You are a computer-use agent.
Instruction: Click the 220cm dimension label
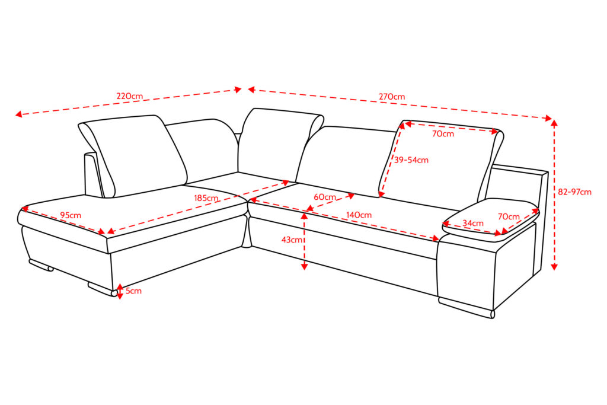tap(130, 96)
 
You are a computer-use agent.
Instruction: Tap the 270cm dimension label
tap(392, 97)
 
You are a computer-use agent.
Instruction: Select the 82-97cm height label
tap(574, 192)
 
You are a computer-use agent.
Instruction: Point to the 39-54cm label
tap(411, 160)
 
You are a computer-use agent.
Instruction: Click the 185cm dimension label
tap(206, 198)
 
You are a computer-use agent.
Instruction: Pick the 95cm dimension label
tap(71, 215)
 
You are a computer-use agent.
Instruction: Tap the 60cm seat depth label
tap(325, 197)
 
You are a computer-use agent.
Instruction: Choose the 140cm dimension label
tap(359, 215)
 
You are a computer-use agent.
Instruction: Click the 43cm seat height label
tap(292, 240)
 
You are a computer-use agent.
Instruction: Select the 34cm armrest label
tap(473, 224)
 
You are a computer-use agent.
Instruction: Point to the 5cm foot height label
tap(133, 291)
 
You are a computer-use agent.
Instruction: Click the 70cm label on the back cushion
tap(443, 134)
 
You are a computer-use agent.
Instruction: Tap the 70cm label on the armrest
tap(509, 217)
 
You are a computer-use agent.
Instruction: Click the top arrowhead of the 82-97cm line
tap(554, 123)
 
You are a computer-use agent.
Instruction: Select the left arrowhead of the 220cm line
tap(18, 114)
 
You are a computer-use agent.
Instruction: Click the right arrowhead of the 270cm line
tap(548, 118)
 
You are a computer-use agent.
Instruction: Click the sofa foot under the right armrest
tap(467, 307)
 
